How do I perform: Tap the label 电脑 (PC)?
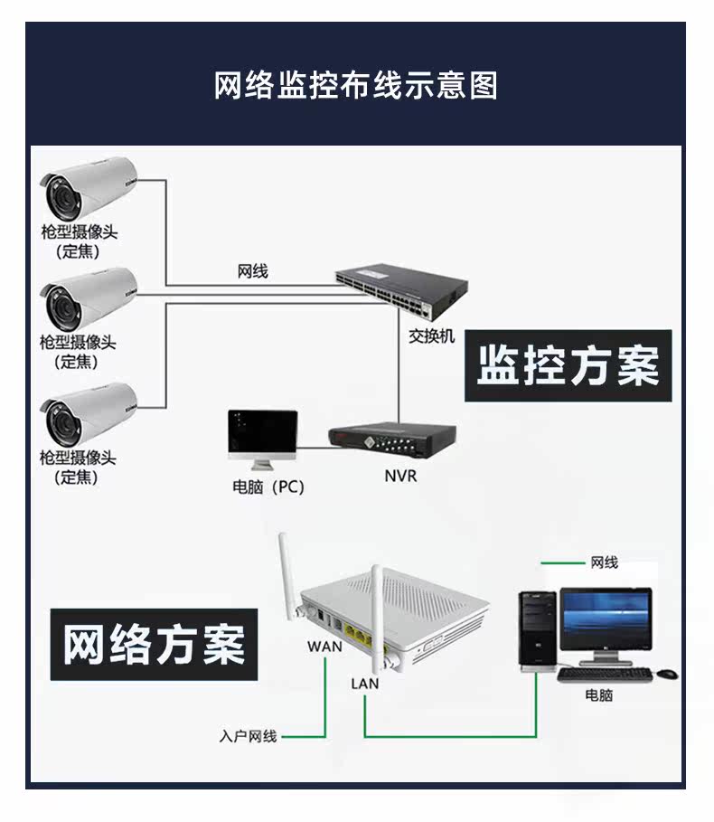click(268, 487)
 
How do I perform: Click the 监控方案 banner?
click(568, 366)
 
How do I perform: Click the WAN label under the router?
click(324, 647)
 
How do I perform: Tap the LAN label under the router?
click(365, 684)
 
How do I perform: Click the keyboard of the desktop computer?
click(605, 674)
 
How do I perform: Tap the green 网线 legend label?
click(604, 562)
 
